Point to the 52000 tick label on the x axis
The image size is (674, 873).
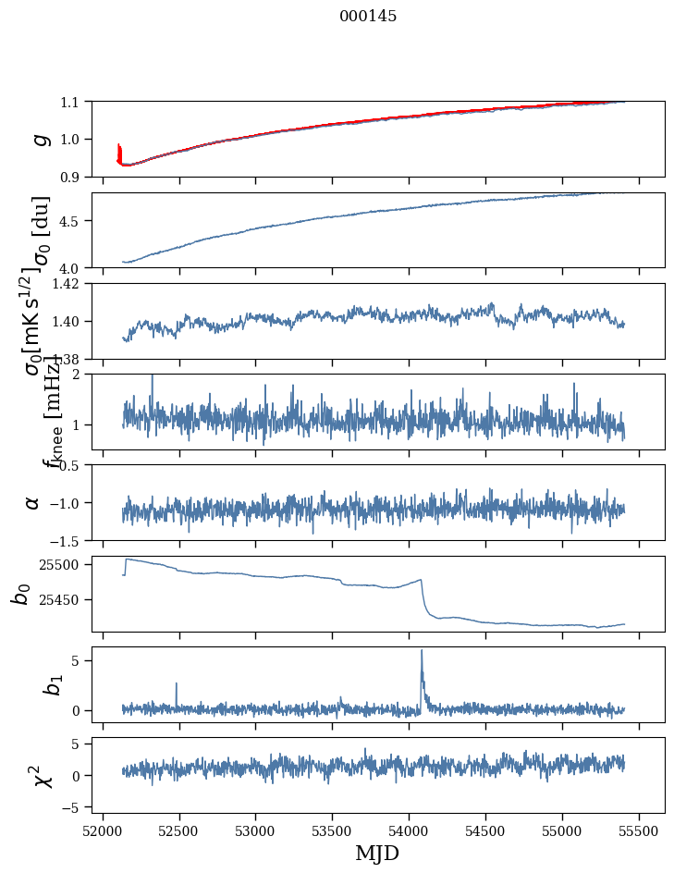click(x=103, y=830)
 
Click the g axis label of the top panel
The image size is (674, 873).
click(x=40, y=139)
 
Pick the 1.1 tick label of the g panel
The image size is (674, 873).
click(x=71, y=102)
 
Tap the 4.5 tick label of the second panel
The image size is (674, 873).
click(x=71, y=221)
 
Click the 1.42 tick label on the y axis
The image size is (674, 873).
click(x=67, y=284)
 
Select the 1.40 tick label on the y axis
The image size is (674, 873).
click(x=67, y=321)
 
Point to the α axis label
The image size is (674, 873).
click(x=32, y=502)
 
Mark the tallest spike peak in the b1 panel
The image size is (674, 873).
click(x=422, y=650)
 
